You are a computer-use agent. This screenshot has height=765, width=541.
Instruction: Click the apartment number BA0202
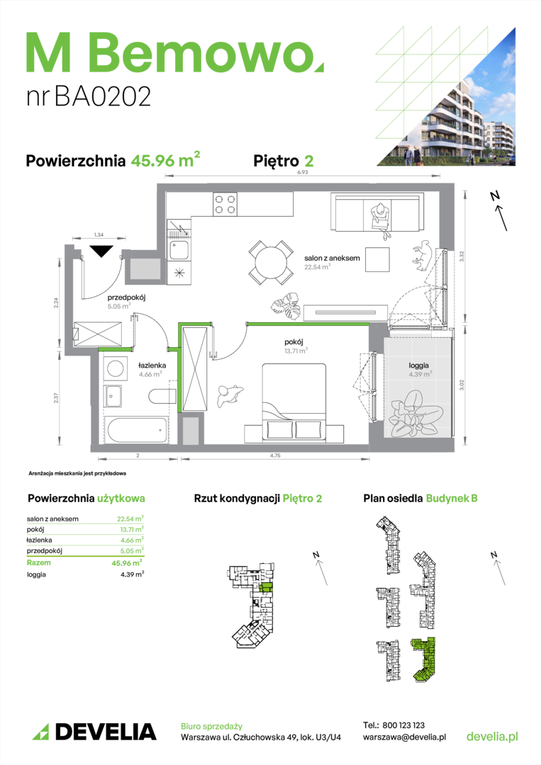click(103, 96)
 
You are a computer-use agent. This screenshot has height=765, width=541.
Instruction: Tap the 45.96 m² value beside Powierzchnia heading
click(165, 159)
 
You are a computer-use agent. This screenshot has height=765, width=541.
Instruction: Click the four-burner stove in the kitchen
click(225, 204)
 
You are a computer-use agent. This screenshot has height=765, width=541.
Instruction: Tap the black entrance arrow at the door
click(101, 251)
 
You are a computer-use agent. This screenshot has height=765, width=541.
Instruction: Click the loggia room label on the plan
click(418, 365)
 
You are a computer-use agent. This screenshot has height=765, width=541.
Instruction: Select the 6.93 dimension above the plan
click(303, 172)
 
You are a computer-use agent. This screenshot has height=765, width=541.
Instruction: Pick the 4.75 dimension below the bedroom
click(275, 455)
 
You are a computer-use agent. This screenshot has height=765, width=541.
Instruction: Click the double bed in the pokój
click(294, 401)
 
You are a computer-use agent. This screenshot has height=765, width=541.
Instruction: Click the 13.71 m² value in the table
click(132, 529)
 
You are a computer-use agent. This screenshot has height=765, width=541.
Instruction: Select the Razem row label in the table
click(38, 562)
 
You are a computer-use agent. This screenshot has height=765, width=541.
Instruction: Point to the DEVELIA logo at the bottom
click(94, 732)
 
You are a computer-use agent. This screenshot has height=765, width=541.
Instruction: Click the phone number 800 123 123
click(403, 725)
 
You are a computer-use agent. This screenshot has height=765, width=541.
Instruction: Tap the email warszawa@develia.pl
click(404, 737)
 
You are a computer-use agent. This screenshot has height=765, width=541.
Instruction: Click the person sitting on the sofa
click(381, 220)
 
